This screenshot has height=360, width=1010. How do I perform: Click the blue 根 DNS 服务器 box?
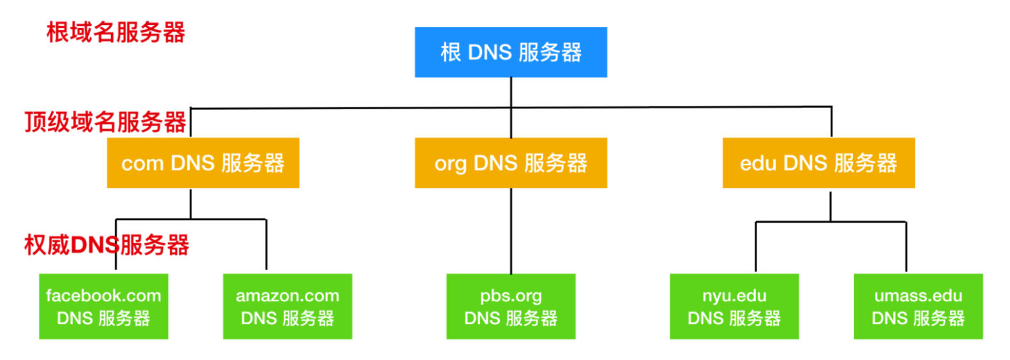click(x=511, y=52)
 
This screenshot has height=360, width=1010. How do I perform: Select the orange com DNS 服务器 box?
click(x=203, y=163)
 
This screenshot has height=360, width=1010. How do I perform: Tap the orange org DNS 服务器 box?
click(x=511, y=163)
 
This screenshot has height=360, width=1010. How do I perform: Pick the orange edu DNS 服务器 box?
click(x=819, y=163)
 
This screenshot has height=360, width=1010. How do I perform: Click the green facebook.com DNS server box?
click(x=103, y=306)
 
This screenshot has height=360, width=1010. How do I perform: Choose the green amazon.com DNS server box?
click(x=288, y=306)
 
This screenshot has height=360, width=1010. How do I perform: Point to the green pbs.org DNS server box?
click(x=511, y=306)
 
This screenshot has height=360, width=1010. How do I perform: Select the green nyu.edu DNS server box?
click(x=734, y=306)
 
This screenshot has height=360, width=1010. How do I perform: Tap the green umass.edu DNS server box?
click(x=919, y=306)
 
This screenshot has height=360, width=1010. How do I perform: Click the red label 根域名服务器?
click(x=116, y=33)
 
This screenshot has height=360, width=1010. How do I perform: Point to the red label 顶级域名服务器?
click(x=105, y=122)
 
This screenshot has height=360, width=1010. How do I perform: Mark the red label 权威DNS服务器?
click(x=107, y=245)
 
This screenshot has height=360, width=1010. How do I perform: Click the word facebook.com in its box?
click(x=103, y=296)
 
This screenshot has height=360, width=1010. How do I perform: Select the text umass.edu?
click(x=919, y=296)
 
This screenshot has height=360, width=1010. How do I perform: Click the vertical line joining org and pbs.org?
click(x=511, y=231)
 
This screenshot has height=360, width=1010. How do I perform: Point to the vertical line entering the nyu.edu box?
click(x=756, y=247)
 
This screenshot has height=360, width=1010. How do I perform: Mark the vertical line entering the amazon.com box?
click(x=266, y=244)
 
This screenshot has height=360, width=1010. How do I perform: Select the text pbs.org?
click(x=511, y=296)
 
